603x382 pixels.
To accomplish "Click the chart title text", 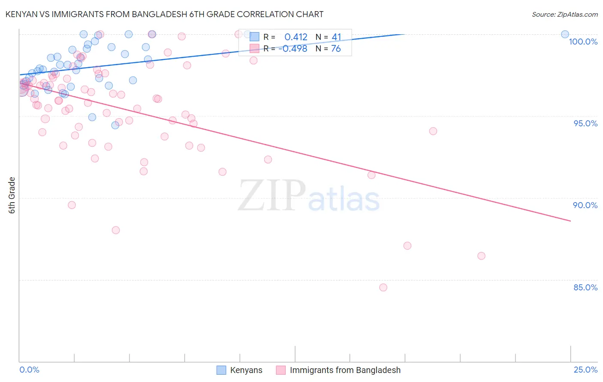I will [164, 14].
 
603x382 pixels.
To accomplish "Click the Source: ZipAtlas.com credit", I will [564, 14].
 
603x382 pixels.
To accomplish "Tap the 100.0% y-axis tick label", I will [583, 42].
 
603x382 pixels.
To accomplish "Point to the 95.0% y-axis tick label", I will [585, 123].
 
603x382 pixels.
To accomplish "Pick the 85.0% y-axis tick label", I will [585, 287].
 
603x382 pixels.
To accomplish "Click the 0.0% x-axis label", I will [29, 370].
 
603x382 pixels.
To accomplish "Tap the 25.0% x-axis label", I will [585, 370].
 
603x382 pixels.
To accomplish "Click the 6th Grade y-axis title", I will [12, 195].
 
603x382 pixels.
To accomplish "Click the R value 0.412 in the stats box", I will [296, 37].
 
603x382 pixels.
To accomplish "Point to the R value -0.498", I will [293, 49].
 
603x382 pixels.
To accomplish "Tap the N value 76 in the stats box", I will [336, 49].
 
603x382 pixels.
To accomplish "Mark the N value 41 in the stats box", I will [336, 37].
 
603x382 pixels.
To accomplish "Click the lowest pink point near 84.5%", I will [383, 287].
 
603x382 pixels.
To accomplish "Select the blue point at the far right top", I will [565, 34].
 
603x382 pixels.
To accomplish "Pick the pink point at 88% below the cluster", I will [116, 230].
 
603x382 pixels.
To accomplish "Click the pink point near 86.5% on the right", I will [481, 256].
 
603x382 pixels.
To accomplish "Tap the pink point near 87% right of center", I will [407, 246].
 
